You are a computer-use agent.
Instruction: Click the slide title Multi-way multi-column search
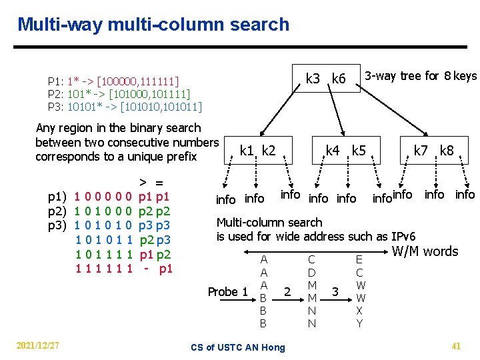coord(153,25)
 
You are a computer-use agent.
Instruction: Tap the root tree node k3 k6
coord(325,79)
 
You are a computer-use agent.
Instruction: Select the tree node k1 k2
coord(257,151)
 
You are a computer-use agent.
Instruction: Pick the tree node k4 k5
coord(345,150)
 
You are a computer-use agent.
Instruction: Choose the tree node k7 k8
coord(433,150)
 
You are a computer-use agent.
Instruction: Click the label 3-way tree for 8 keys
coord(421,75)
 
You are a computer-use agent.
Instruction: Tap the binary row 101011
coord(103,240)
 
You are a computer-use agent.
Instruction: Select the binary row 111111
coord(103,268)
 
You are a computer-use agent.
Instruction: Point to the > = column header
coord(151,182)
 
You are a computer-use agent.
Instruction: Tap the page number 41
coord(456,345)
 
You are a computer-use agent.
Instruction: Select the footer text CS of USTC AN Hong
coord(237,347)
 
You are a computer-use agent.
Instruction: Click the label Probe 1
coord(227,291)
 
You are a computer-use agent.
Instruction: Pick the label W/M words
coord(425,251)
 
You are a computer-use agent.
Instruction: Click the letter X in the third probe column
coord(359,311)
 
